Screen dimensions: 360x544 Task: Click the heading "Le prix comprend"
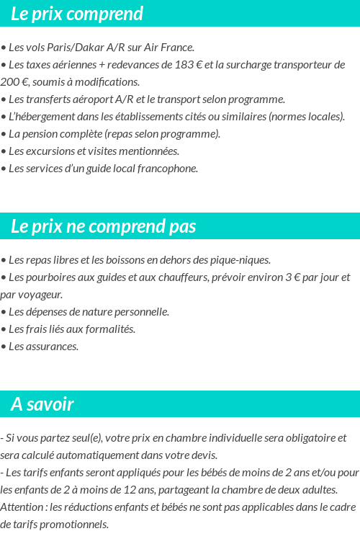pyautogui.click(x=77, y=14)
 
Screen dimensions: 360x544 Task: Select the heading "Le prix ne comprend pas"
pyautogui.click(x=103, y=226)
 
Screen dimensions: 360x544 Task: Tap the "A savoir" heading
pyautogui.click(x=42, y=404)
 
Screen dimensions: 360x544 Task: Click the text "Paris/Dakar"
pyautogui.click(x=75, y=48)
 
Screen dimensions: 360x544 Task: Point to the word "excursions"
pyautogui.click(x=50, y=151)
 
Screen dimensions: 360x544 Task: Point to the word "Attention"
pyautogui.click(x=21, y=507)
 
